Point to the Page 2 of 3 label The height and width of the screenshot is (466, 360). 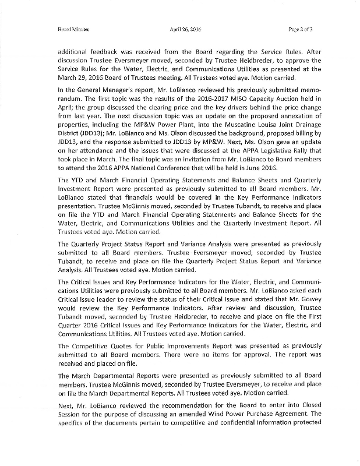[301, 28]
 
